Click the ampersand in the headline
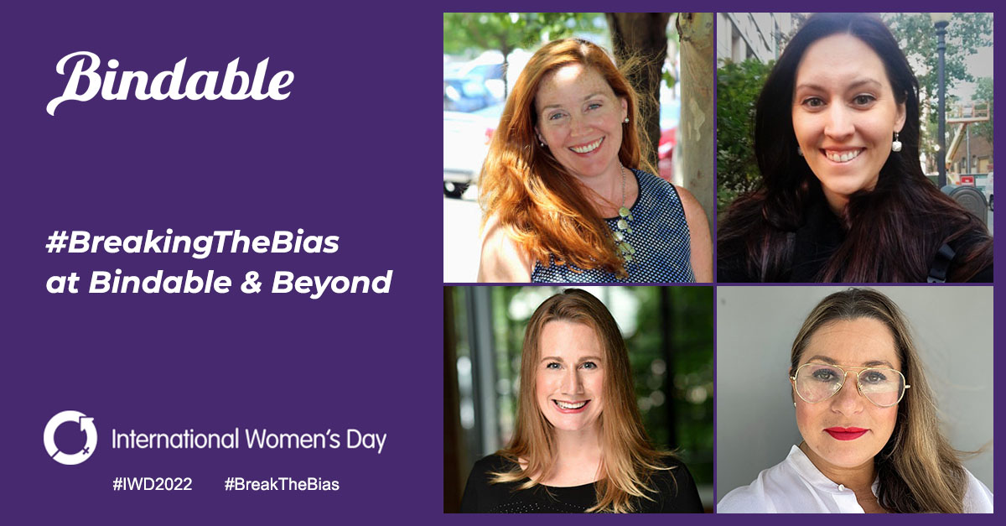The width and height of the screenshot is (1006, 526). [250, 283]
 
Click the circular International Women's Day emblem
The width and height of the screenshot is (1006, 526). [70, 437]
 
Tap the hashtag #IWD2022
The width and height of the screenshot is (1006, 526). [152, 485]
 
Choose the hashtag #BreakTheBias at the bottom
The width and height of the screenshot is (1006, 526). [282, 485]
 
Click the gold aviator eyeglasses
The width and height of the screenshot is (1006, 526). [849, 384]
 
